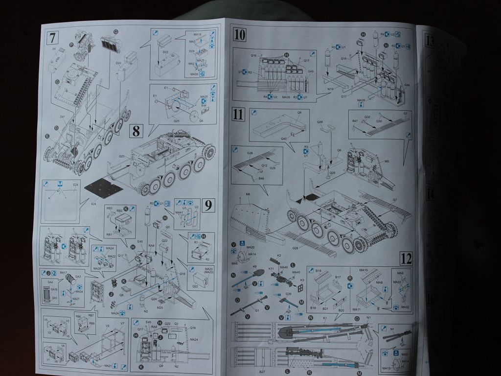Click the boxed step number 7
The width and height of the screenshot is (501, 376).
53,37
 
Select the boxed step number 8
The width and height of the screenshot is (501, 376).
136,131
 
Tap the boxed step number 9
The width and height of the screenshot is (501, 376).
208,206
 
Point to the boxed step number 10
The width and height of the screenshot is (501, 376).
240,35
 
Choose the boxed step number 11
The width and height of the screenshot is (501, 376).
238,115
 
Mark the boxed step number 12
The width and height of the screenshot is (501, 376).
406,258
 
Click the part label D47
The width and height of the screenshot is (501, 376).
62,117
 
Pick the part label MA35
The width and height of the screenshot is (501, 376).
204,97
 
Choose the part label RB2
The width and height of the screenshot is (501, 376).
119,211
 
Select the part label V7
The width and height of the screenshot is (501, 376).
122,324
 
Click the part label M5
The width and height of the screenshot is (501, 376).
387,161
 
